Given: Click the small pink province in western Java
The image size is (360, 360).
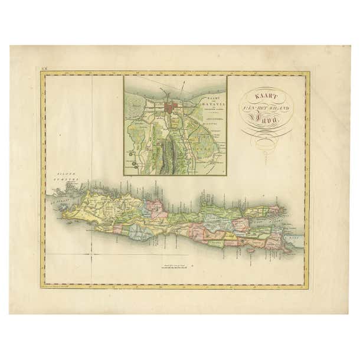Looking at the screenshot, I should (158, 208).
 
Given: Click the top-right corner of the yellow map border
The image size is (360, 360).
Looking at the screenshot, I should (307, 73).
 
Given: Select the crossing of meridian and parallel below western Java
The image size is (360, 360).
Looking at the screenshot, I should (91, 254).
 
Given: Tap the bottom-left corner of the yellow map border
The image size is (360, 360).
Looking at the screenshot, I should (42, 287).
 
